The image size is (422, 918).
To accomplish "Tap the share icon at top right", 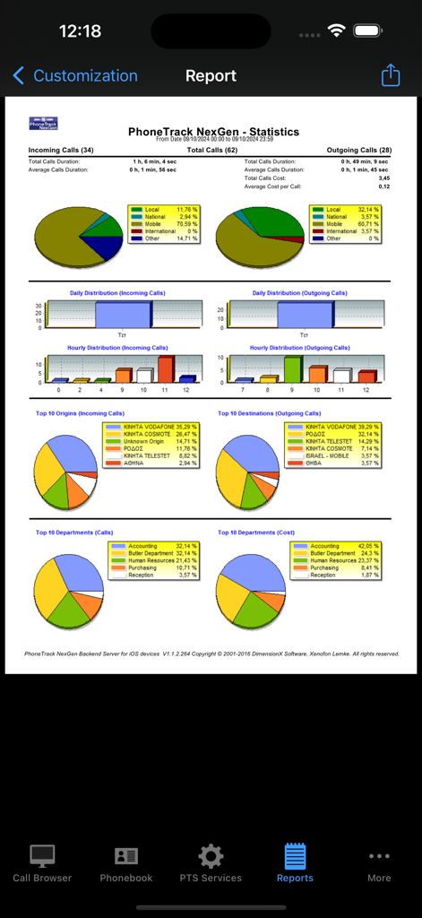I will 391,75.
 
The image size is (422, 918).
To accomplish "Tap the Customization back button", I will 75,76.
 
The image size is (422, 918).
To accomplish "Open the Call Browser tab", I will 42,862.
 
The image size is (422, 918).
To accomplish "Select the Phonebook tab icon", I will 126,856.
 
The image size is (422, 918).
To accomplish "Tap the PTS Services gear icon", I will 211,856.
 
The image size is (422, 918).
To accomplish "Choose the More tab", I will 379,862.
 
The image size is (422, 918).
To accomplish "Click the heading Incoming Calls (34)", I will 61,150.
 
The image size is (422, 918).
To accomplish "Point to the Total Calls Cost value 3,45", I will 383,178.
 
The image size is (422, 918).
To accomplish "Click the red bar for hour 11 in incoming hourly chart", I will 165,369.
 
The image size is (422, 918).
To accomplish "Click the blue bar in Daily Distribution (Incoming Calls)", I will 124,315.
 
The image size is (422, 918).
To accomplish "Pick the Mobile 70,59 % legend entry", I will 165,224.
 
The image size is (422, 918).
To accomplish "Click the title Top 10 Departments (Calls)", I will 74,533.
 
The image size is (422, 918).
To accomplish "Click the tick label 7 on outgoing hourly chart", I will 242,390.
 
